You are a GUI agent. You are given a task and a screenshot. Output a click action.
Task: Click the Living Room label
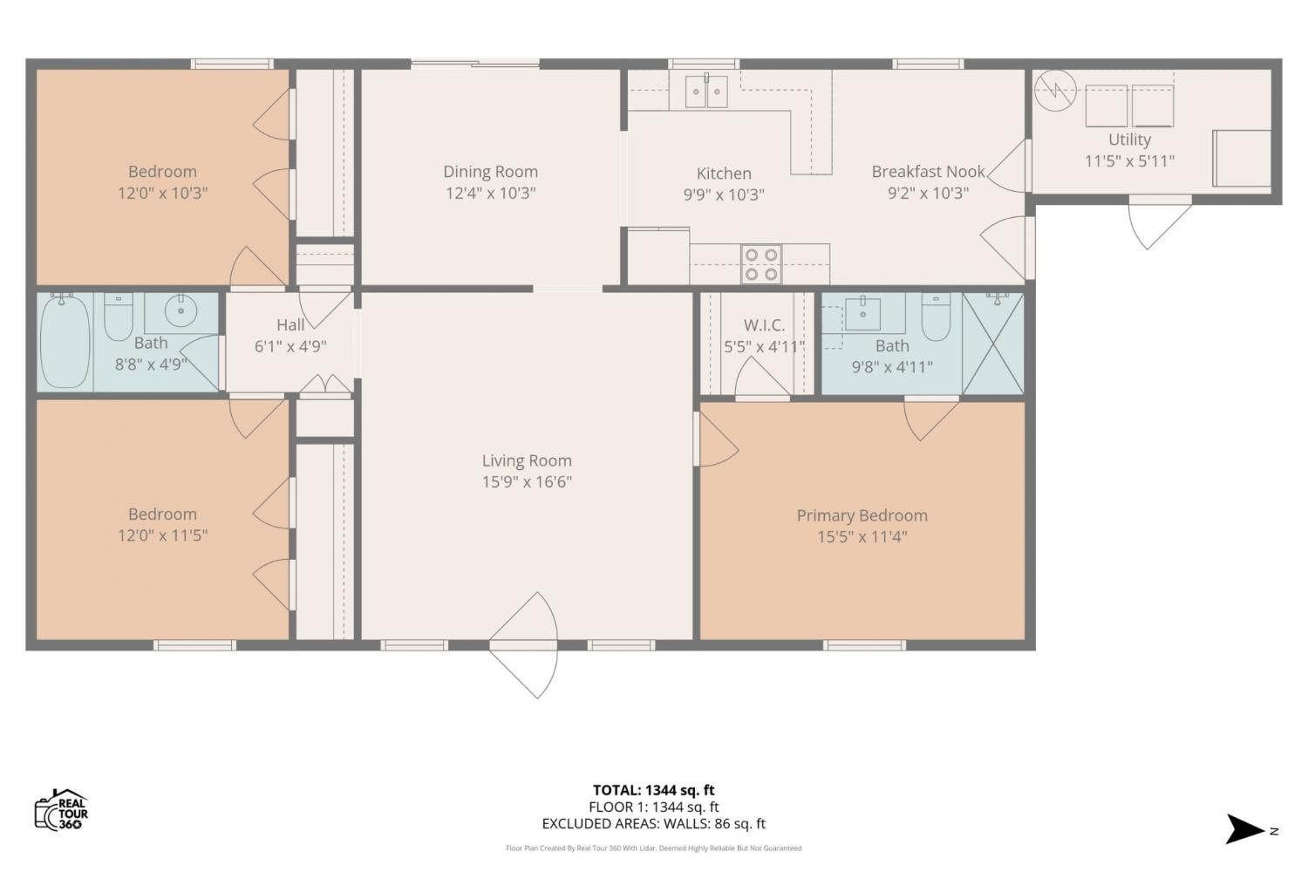pyautogui.click(x=527, y=460)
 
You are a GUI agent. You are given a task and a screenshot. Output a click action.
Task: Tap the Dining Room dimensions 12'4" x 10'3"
pyautogui.click(x=490, y=193)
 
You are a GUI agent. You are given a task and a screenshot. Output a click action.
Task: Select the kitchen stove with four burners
pyautogui.click(x=761, y=264)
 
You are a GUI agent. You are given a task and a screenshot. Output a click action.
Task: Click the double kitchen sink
pyautogui.click(x=706, y=92)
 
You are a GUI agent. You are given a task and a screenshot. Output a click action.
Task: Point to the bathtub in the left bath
pyautogui.click(x=65, y=342)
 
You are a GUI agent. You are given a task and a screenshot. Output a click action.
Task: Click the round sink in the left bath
pyautogui.click(x=181, y=310)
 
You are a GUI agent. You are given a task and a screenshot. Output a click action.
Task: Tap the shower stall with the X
pyautogui.click(x=992, y=344)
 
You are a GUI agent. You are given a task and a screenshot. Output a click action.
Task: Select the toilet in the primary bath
pyautogui.click(x=936, y=317)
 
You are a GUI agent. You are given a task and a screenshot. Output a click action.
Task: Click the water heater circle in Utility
pyautogui.click(x=1055, y=91)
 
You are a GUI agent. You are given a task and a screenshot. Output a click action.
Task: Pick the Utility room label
pyautogui.click(x=1130, y=140)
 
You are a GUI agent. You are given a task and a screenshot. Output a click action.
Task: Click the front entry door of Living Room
pyautogui.click(x=524, y=645)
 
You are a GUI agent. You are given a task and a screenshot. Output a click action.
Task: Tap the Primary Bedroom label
pyautogui.click(x=862, y=515)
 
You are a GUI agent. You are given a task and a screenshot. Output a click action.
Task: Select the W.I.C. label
pyautogui.click(x=764, y=325)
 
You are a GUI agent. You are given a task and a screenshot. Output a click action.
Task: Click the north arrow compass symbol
pyautogui.click(x=1245, y=829)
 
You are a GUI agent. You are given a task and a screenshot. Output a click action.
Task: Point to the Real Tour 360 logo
pyautogui.click(x=61, y=809)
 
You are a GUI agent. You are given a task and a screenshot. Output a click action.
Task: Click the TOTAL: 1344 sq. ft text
pyautogui.click(x=653, y=790)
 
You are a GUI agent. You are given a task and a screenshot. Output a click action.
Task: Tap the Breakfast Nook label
pyautogui.click(x=929, y=172)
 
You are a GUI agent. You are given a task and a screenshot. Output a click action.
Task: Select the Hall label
pyautogui.click(x=290, y=324)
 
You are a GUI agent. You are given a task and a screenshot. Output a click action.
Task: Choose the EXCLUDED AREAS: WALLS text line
pyautogui.click(x=653, y=823)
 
